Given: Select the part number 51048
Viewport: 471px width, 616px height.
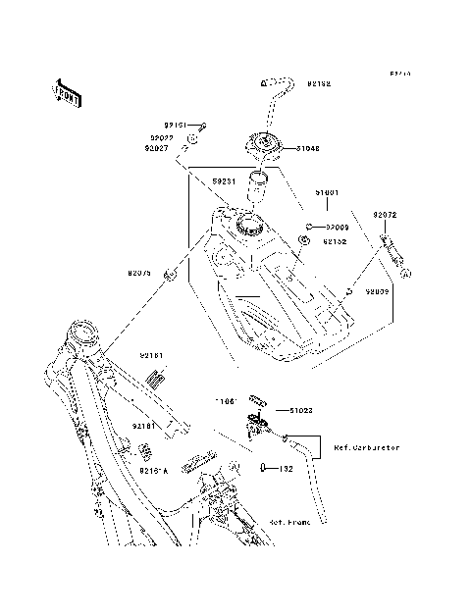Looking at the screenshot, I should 309,149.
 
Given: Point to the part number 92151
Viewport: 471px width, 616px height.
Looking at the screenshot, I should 176,125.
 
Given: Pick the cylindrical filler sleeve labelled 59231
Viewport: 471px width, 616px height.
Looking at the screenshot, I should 257,181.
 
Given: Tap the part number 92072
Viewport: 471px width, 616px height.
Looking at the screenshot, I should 385,214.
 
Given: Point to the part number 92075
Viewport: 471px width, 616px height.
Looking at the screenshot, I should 139,274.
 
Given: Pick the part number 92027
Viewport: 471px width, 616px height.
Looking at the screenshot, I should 161,148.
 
